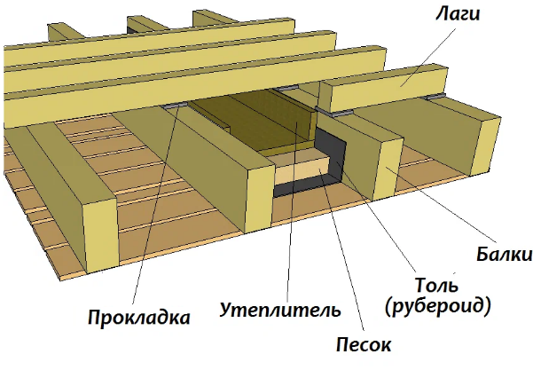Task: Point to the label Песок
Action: click(364, 342)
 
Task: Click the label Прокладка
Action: click(138, 316)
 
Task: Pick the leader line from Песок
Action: click(341, 248)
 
